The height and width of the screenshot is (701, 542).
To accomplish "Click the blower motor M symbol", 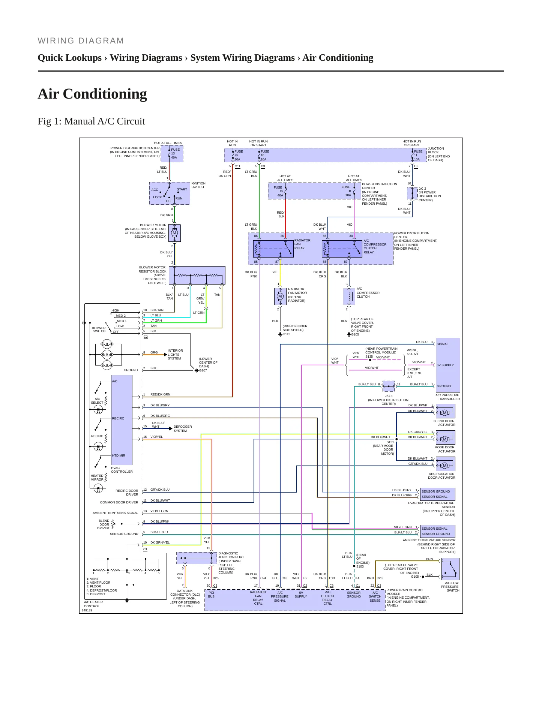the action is click(174, 233).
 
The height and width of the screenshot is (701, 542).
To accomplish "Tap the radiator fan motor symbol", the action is click(280, 296).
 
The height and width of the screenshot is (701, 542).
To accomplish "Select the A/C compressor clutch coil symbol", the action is click(349, 296).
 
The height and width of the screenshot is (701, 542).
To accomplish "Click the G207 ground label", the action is click(203, 370).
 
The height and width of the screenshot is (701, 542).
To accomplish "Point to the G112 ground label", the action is click(287, 334).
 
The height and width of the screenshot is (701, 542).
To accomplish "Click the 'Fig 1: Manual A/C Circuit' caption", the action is click(91, 121).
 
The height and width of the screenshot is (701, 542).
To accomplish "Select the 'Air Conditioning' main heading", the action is click(92, 94).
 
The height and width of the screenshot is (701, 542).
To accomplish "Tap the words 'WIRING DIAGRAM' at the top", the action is click(81, 41).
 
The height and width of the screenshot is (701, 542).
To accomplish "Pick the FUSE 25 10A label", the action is click(239, 155).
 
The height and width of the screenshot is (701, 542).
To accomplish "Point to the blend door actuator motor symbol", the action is click(445, 413).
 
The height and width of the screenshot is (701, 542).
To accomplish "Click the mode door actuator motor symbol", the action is click(445, 439).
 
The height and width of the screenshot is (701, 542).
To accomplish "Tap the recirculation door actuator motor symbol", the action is click(445, 466).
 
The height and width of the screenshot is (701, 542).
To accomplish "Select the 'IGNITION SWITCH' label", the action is click(198, 185).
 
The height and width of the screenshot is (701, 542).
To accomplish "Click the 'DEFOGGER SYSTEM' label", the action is click(183, 428).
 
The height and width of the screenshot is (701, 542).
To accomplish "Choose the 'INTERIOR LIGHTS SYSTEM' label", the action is click(175, 355).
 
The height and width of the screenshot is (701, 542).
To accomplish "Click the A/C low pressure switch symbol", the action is click(450, 569).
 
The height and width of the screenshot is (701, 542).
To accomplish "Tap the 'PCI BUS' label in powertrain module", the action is click(211, 595).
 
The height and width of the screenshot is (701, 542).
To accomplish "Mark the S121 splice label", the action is click(390, 442).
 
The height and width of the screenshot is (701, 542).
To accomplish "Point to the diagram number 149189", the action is click(87, 610).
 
